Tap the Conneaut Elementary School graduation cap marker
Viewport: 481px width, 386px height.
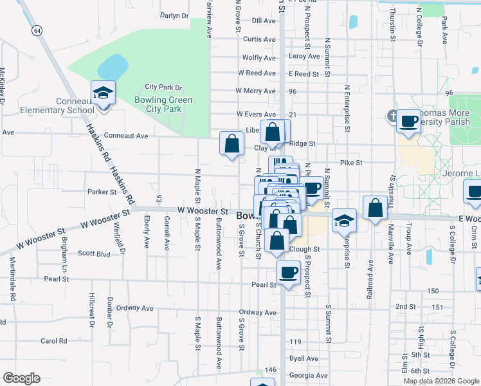pos(103,94)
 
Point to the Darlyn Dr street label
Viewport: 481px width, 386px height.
pos(174,15)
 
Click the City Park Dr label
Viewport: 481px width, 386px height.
pos(164,87)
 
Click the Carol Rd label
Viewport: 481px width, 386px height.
pos(54,341)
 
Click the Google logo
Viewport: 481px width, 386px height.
pos(21,378)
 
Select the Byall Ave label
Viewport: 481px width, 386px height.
pos(304,358)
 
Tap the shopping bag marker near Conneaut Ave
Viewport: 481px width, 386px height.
pos(231,144)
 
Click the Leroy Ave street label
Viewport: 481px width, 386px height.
pos(304,57)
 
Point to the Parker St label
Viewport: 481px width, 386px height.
pos(102,192)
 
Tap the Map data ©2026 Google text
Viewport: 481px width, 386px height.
pos(440,381)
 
